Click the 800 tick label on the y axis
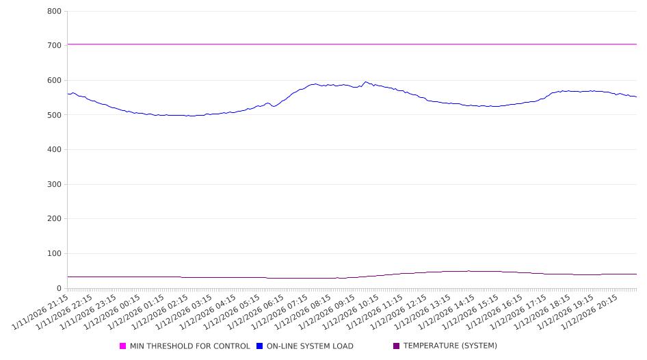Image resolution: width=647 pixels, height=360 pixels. click(55, 12)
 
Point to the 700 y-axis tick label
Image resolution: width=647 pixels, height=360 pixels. click(55, 46)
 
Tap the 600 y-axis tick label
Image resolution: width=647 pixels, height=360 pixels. click(55, 81)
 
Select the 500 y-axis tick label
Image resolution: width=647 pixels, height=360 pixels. click(55, 115)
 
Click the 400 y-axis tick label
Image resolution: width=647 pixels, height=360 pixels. click(55, 150)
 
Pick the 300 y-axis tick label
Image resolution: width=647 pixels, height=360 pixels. click(55, 185)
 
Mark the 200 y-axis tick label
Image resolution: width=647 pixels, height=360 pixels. click(55, 219)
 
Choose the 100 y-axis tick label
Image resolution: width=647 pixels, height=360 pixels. click(55, 254)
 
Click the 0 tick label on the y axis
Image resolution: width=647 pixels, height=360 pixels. click(60, 289)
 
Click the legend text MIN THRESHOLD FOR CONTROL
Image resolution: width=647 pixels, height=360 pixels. click(189, 346)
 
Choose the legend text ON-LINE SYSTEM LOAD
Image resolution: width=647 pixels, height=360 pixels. click(310, 346)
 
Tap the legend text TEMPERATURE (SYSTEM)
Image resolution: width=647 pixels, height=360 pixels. click(450, 346)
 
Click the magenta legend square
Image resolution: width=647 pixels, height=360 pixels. click(123, 346)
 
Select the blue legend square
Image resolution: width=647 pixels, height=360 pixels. click(260, 346)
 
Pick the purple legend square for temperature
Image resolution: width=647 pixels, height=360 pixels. click(397, 346)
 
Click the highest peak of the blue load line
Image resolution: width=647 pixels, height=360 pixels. click(365, 82)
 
